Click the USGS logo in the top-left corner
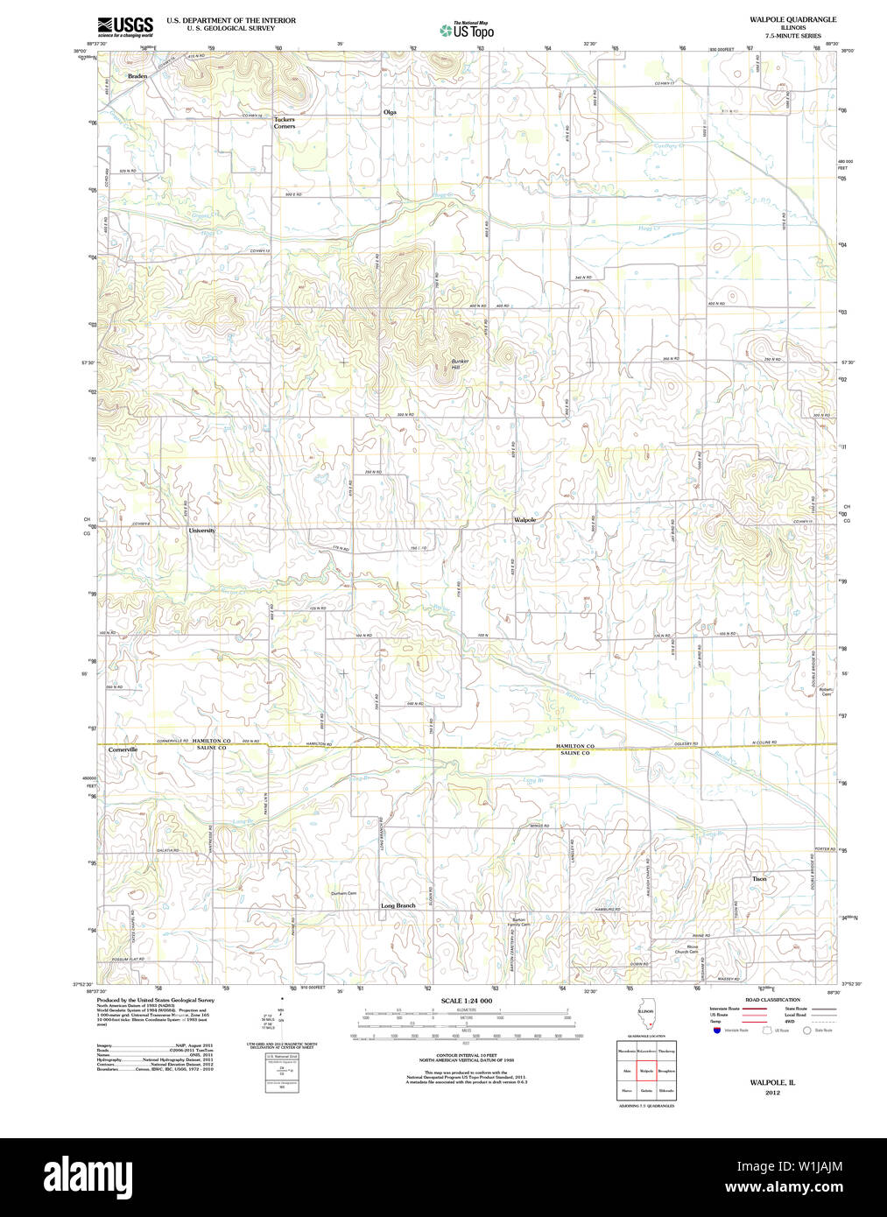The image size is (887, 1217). tap(125, 25)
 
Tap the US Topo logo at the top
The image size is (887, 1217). tap(467, 31)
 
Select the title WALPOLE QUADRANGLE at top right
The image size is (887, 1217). tap(792, 19)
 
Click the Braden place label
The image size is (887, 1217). tap(137, 77)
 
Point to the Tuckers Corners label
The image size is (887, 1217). tap(284, 123)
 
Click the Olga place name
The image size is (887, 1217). tap(390, 112)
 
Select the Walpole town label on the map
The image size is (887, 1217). tap(524, 519)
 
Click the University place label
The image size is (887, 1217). tap(201, 531)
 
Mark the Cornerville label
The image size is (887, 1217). tap(123, 750)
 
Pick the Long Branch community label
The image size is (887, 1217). tap(398, 905)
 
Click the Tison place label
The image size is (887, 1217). tap(758, 878)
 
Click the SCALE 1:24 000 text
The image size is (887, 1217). tap(466, 1001)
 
